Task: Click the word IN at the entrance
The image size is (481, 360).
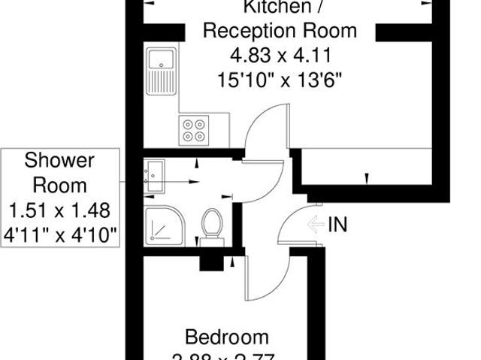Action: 338,224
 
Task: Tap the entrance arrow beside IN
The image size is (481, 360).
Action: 316,224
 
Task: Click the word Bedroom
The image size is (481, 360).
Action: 227,336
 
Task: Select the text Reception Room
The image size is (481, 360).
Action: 280,32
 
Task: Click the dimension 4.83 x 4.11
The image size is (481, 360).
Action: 280,55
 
